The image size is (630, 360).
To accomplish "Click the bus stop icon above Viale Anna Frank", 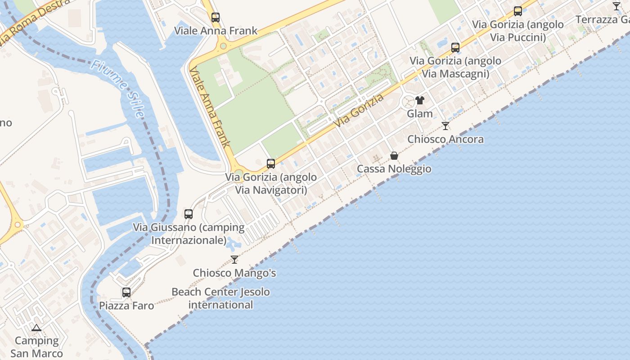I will point(216,18).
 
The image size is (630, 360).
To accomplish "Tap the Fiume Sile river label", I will point(117,89).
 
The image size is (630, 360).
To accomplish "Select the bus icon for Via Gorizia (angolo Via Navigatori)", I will point(271,163).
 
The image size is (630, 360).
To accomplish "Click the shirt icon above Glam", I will point(420,100).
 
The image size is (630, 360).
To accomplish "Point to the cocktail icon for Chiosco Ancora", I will point(445,126).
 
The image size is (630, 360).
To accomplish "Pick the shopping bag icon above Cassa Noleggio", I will point(394,156).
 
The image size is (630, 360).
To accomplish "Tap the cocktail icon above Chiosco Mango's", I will point(234,259).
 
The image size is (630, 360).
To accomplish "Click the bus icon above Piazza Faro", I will point(126,292).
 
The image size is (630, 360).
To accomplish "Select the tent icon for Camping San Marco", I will point(36,328).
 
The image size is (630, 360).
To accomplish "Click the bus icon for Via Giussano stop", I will point(189,214).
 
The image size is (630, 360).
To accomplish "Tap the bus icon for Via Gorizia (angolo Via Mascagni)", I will point(455,47).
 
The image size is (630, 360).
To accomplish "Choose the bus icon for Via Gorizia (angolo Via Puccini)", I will point(518,11).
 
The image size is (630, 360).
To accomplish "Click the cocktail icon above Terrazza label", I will point(616,6).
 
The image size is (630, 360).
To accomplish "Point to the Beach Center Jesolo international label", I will point(220,298).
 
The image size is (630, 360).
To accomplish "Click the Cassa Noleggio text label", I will point(394,169).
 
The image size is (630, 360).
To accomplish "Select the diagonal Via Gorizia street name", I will point(359,110).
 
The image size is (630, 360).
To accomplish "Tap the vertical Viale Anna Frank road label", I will point(210,108).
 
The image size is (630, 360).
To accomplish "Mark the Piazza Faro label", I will point(126,306).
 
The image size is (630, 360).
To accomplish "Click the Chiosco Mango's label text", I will point(234,273).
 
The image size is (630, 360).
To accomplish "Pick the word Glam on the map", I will point(420,113).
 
